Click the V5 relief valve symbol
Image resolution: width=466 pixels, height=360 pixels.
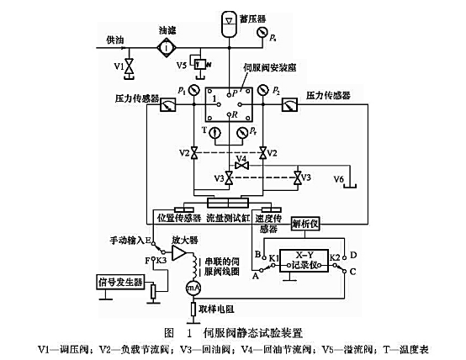tap(197, 64)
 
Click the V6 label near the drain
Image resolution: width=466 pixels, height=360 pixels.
tap(339, 179)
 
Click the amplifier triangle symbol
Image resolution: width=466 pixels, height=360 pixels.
tap(177, 253)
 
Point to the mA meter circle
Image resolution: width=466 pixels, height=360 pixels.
tap(194, 288)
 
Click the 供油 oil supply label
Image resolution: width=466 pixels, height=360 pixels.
tap(114, 40)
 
